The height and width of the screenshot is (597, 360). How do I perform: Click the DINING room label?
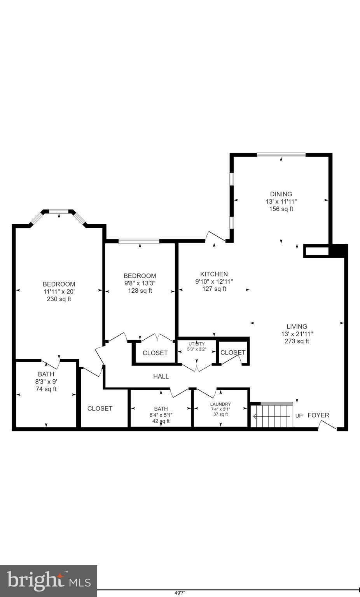(281, 194)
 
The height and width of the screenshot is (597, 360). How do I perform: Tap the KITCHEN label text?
(214, 274)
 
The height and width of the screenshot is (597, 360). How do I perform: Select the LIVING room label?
(297, 326)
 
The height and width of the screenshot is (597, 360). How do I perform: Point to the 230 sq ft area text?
(59, 299)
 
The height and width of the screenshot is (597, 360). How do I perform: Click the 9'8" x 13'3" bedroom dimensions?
(140, 283)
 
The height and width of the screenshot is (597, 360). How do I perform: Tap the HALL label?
(161, 376)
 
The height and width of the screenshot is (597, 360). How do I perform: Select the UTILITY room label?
(196, 344)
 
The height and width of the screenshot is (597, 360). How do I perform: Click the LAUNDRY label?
(220, 404)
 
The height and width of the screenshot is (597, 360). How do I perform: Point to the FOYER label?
(318, 415)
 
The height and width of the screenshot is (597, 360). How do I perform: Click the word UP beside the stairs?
(299, 416)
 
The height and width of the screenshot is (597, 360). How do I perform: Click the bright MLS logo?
(49, 581)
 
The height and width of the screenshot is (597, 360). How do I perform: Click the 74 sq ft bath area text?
(46, 389)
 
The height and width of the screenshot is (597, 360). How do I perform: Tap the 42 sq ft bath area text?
(161, 421)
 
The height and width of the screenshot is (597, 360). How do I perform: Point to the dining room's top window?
(281, 155)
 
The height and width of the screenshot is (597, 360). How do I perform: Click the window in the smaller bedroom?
(139, 241)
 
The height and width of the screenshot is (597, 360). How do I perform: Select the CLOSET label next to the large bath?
(100, 408)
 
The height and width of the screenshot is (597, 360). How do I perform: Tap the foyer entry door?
(327, 426)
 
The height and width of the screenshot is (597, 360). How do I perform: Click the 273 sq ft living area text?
(297, 341)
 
